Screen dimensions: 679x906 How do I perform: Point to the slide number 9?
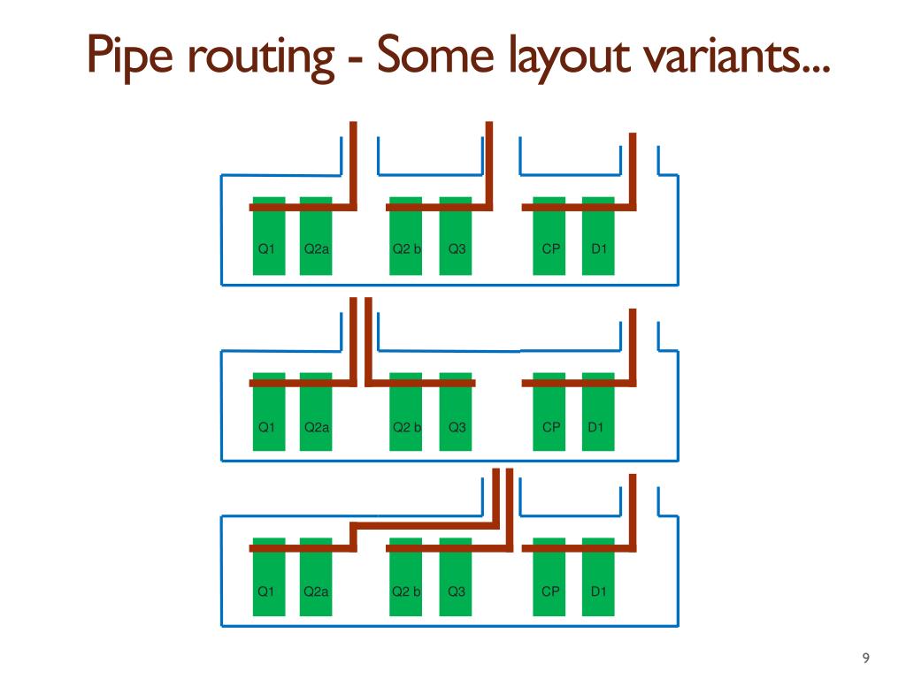pyautogui.click(x=865, y=657)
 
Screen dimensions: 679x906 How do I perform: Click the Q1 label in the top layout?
pyautogui.click(x=265, y=248)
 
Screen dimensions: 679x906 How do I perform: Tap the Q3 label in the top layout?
pyautogui.click(x=457, y=248)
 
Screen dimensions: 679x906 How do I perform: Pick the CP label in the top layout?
pyautogui.click(x=551, y=248)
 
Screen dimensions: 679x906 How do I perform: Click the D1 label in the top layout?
pyautogui.click(x=599, y=248)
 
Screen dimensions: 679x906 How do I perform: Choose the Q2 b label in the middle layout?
pyautogui.click(x=406, y=427)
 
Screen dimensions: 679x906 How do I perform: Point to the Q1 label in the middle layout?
pyautogui.click(x=265, y=427)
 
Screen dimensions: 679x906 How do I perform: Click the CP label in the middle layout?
pyautogui.click(x=551, y=427)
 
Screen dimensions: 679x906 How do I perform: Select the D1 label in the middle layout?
pyautogui.click(x=596, y=427)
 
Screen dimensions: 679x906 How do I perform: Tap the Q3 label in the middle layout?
pyautogui.click(x=457, y=427)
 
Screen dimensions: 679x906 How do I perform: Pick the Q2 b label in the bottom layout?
pyautogui.click(x=406, y=591)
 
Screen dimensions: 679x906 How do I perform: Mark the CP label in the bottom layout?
pyautogui.click(x=551, y=591)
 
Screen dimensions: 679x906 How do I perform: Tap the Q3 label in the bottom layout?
pyautogui.click(x=457, y=591)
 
